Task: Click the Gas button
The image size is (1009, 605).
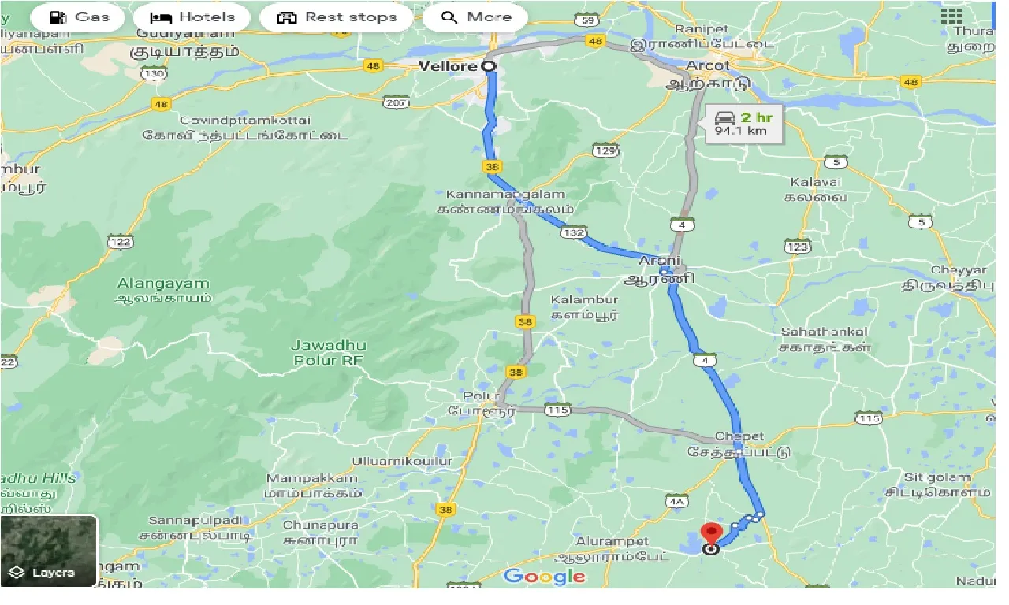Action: tap(78, 17)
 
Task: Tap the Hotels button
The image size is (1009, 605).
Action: tap(192, 17)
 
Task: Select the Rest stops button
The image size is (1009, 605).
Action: tap(337, 17)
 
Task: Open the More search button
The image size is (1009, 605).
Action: tap(476, 17)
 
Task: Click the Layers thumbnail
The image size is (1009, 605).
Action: tap(49, 551)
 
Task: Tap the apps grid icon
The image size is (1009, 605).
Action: tap(951, 17)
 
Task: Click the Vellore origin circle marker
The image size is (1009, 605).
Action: tap(489, 67)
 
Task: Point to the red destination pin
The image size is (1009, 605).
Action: tap(711, 535)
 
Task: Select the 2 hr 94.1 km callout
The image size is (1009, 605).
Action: tap(744, 124)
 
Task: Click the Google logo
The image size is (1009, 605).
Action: tap(544, 577)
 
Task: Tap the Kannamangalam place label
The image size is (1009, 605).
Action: tap(506, 202)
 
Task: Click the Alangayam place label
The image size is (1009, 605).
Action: tap(163, 290)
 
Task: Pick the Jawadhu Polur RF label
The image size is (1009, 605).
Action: tap(326, 352)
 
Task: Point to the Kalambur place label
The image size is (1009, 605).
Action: tap(585, 306)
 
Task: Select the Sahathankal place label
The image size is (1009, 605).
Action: tap(825, 339)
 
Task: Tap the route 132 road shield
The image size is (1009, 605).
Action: tap(573, 233)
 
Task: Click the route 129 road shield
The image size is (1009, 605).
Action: tap(605, 150)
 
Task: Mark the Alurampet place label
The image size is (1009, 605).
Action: tap(612, 548)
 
